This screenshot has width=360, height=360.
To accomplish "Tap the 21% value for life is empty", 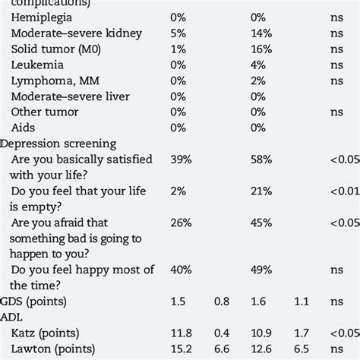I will click(261, 190).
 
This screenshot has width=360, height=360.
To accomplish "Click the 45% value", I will click(262, 221).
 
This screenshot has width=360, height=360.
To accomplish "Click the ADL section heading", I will click(14, 317).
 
